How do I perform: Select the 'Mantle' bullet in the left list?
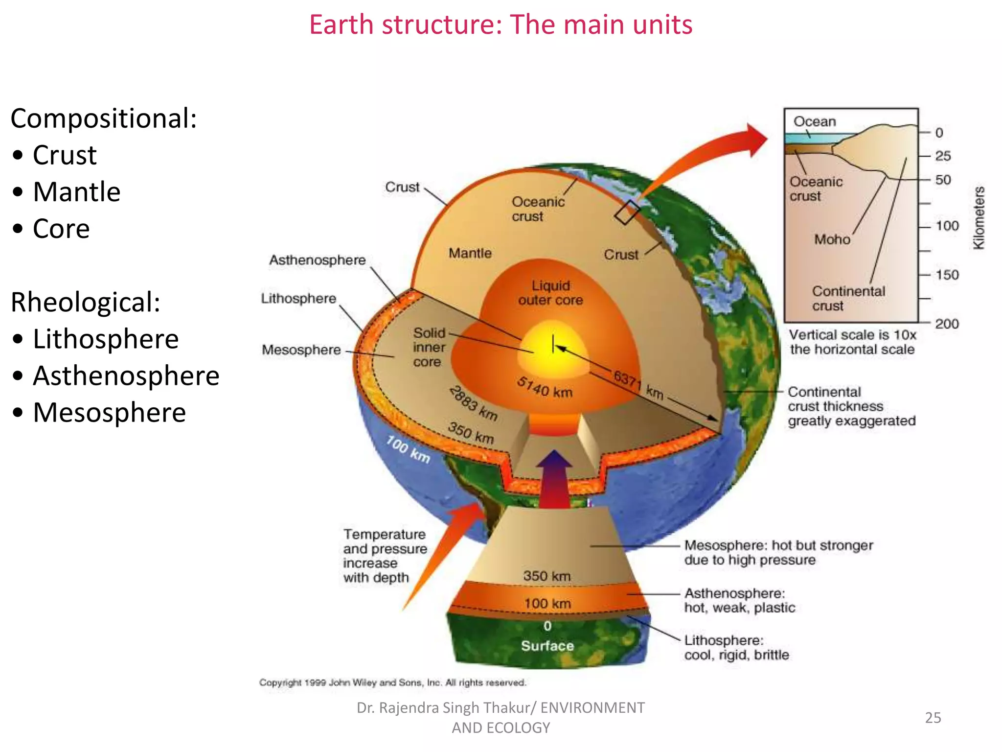point(76,191)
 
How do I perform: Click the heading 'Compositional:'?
point(104,118)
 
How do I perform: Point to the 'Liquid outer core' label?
point(550,293)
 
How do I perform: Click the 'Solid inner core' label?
point(429,347)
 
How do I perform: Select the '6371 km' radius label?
point(638,385)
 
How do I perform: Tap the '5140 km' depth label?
point(545,387)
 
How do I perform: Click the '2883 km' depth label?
point(473,403)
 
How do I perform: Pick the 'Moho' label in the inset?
point(832,239)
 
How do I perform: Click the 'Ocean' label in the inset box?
point(815,121)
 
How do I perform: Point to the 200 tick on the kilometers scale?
point(947,324)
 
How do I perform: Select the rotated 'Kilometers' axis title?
point(979,218)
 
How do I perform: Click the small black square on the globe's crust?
point(627,212)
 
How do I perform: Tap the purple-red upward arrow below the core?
point(554,480)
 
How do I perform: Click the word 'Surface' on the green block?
point(547,646)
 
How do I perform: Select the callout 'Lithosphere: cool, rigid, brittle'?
point(736,647)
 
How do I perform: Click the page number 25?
point(933,717)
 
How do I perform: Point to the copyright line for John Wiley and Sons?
point(392,682)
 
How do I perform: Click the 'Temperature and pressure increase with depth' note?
point(385,556)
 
